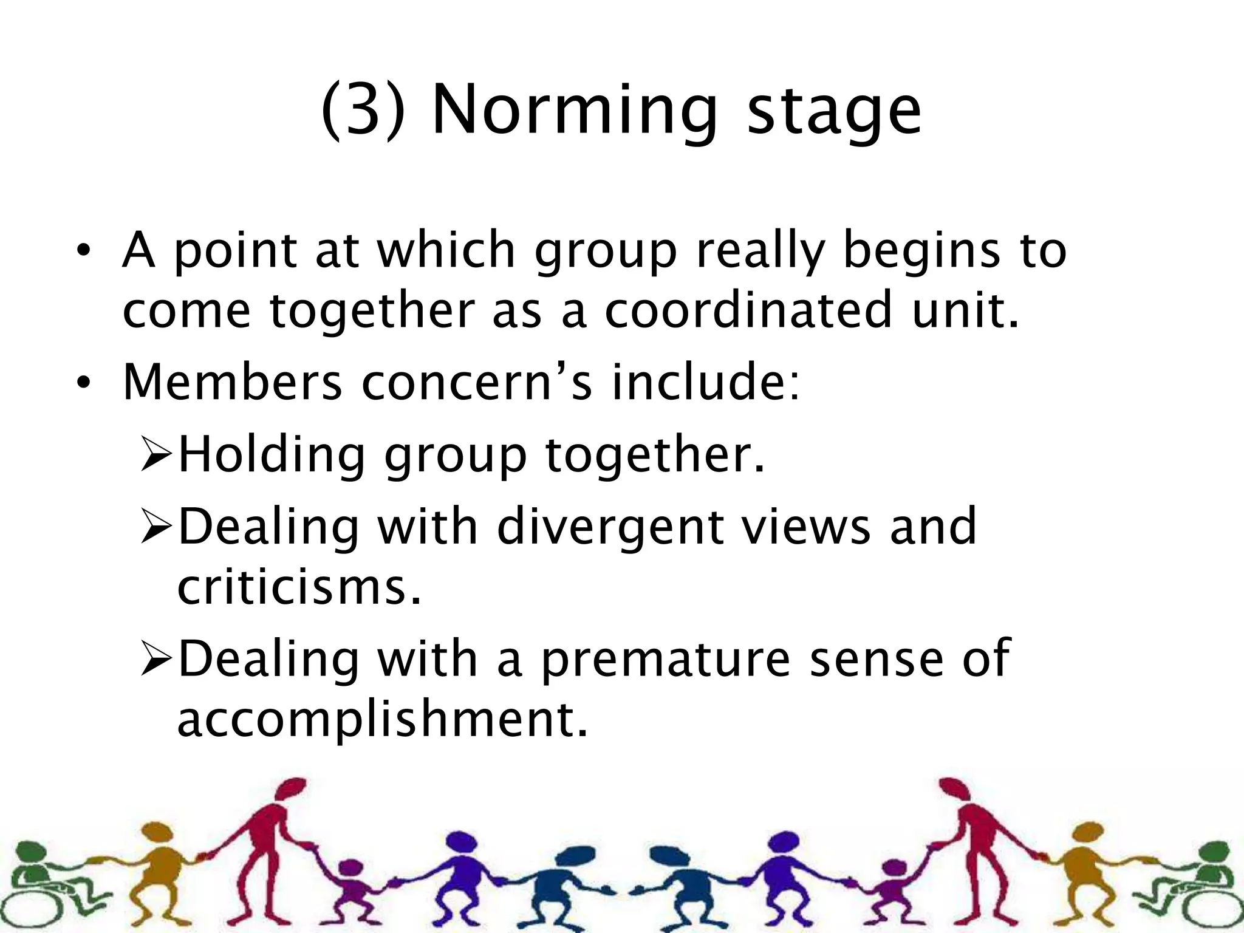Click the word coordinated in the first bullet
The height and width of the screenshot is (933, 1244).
point(748,310)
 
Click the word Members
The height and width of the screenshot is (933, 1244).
point(233,382)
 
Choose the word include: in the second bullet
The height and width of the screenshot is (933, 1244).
point(705,382)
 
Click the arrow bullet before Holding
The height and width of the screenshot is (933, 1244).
point(157,456)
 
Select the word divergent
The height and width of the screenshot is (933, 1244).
point(610,527)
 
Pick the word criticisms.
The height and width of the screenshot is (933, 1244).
point(298,587)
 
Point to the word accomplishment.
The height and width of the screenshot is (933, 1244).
point(382,719)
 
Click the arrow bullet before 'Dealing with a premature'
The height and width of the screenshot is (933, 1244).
point(157,660)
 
